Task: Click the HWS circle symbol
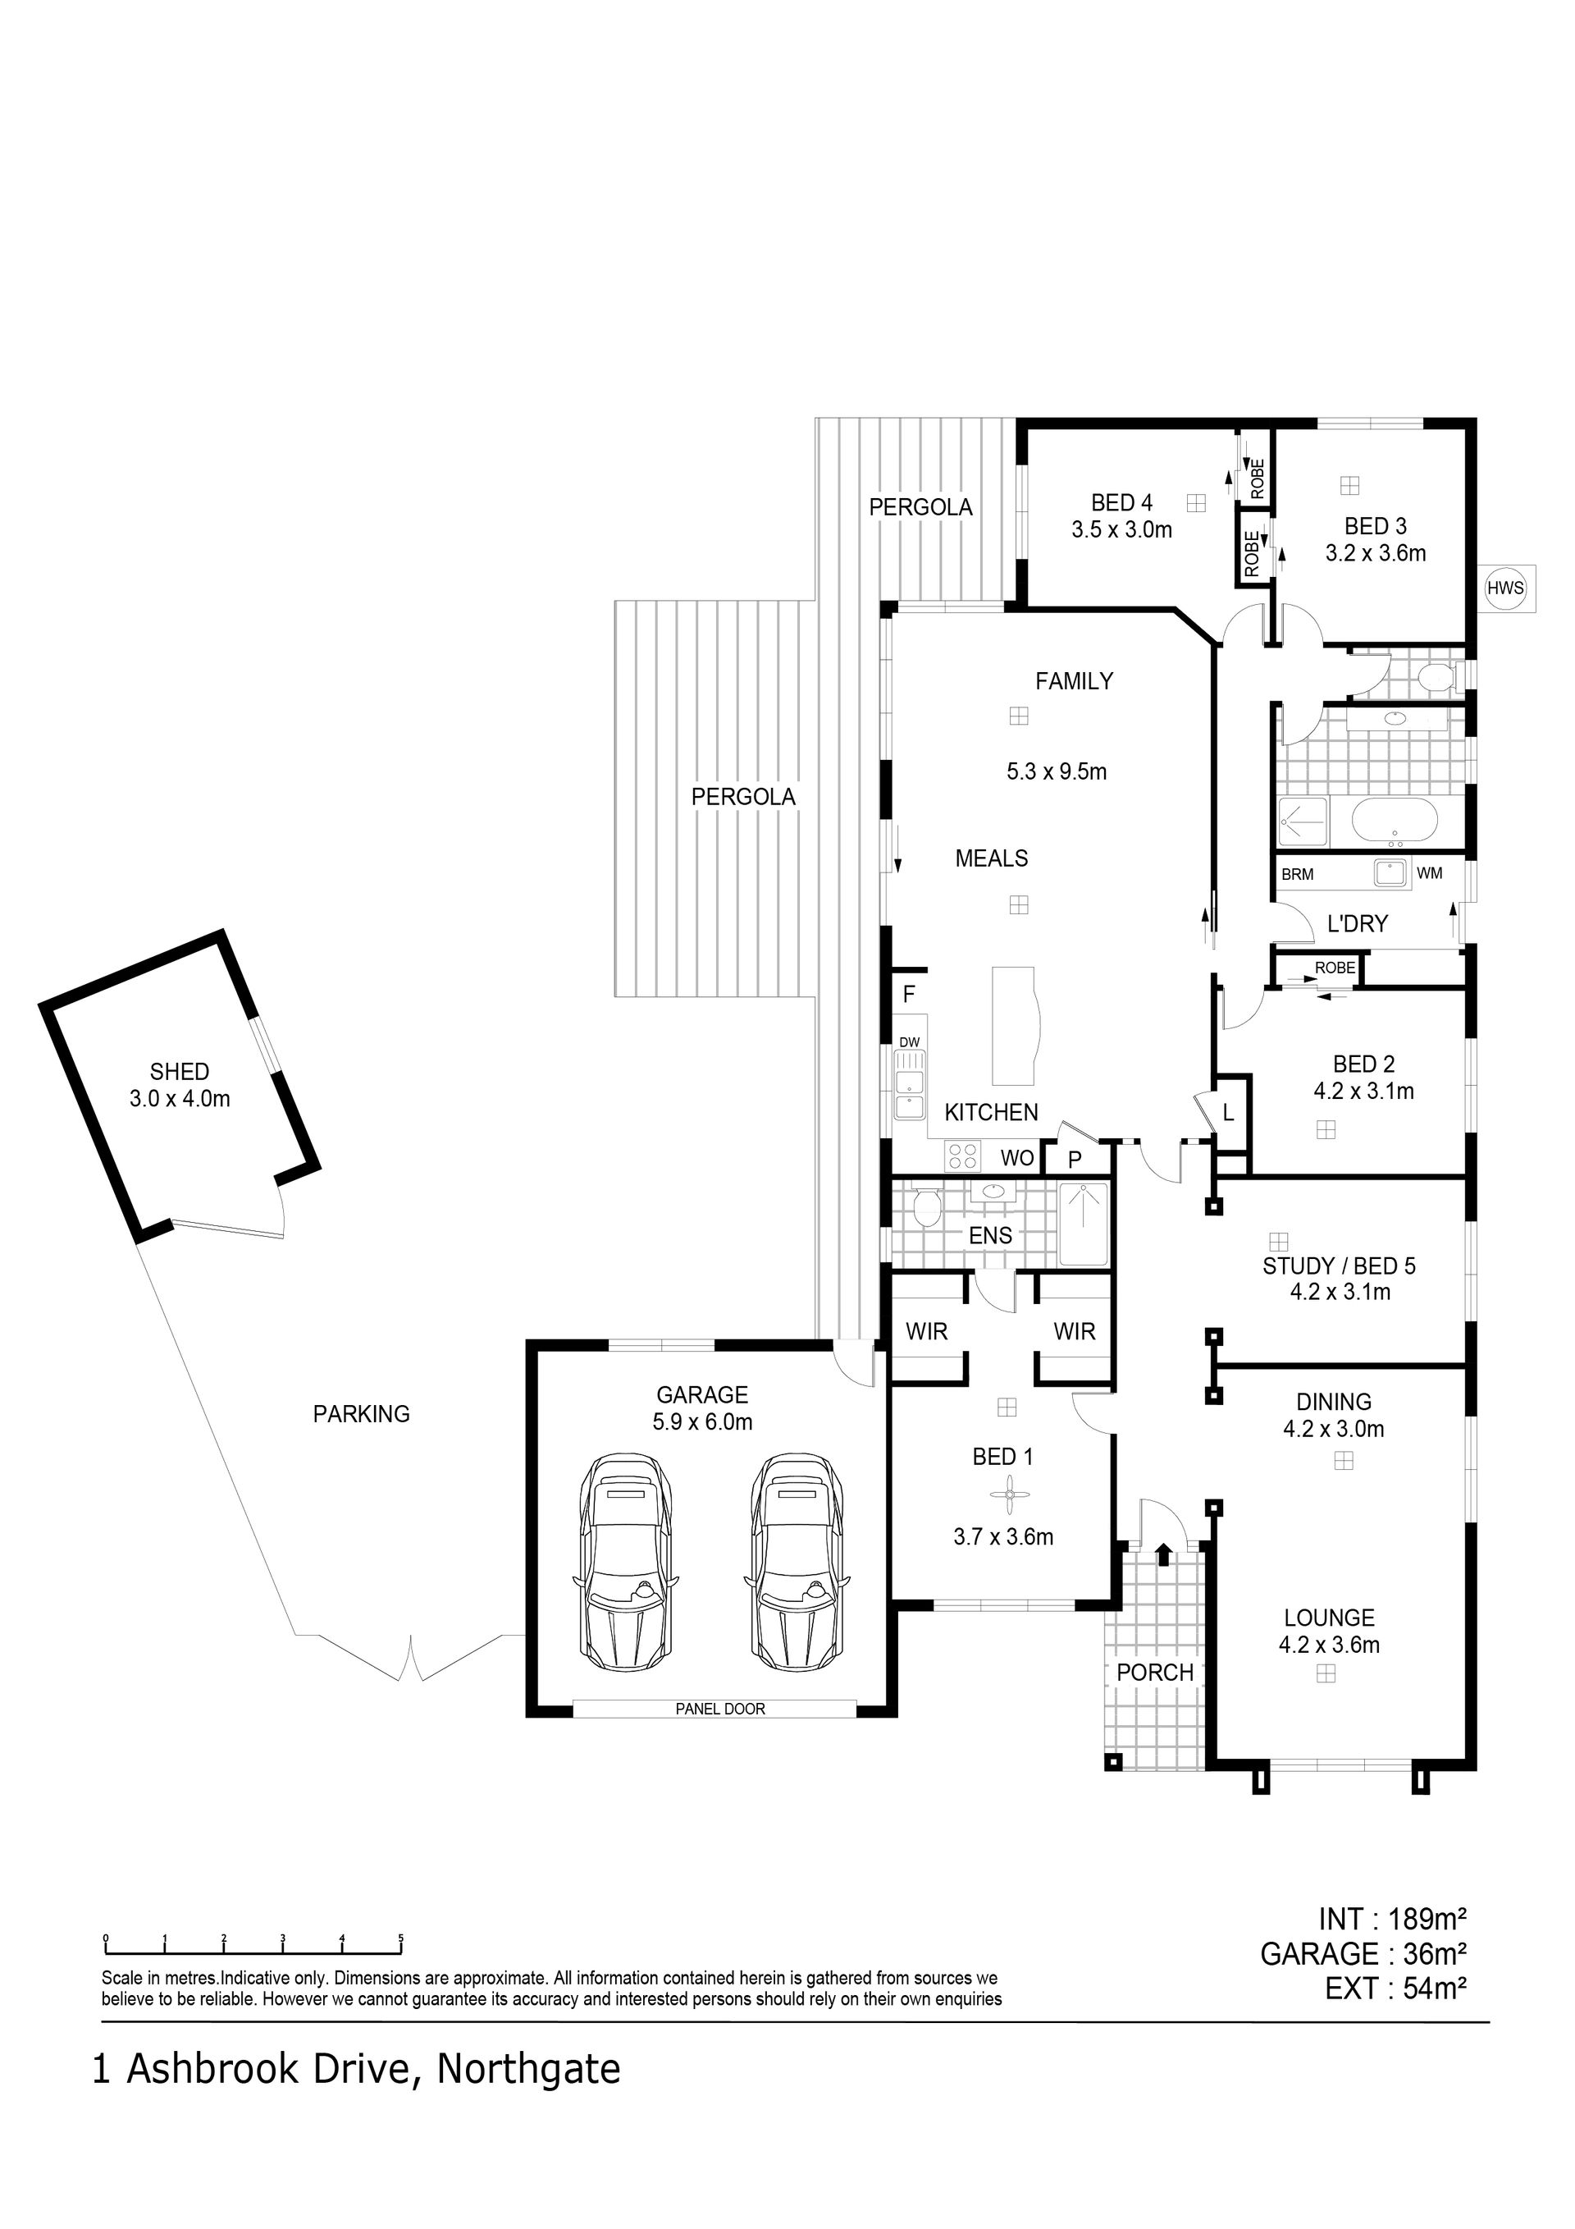point(1505,588)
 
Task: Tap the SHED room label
point(180,1072)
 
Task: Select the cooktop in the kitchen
point(963,1156)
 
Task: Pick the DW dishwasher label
point(909,1042)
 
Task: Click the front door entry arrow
point(1163,1554)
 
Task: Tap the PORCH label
point(1155,1673)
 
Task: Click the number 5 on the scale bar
point(401,1938)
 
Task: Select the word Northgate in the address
point(528,2069)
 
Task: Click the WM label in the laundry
point(1430,872)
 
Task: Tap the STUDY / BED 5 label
point(1340,1266)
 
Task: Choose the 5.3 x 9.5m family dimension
point(1057,771)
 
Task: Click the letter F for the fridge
point(909,994)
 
